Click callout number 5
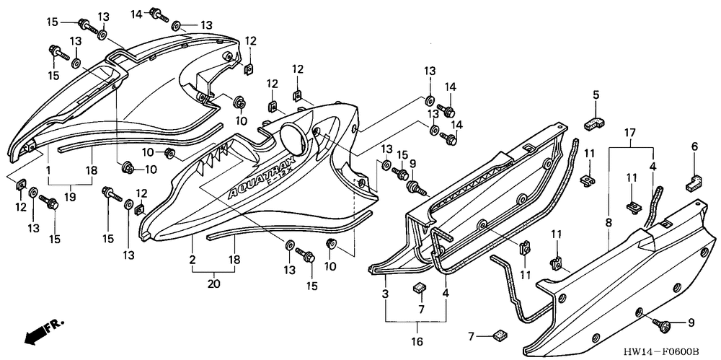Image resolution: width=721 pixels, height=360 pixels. click(596, 95)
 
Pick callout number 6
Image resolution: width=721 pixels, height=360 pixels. click(695, 147)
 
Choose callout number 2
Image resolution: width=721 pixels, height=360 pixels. click(193, 259)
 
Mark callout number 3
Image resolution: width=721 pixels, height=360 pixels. click(386, 294)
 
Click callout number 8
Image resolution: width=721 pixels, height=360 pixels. click(609, 224)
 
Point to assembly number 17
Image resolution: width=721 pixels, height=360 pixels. click(630, 133)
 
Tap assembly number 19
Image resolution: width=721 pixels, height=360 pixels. click(71, 197)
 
